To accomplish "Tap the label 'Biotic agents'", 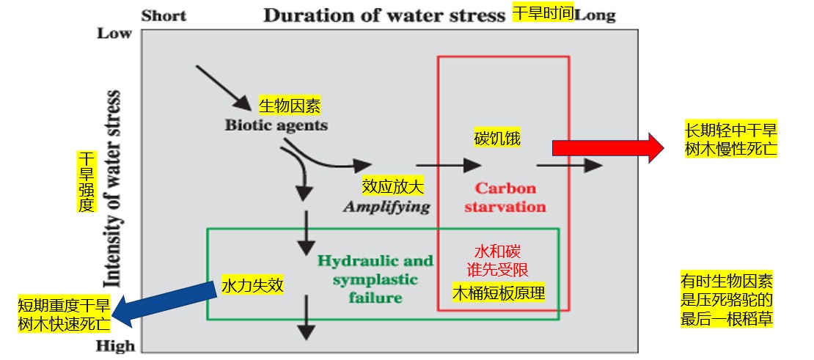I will [276, 125].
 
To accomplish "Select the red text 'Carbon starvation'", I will [505, 197].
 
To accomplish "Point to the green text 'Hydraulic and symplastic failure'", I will [375, 279].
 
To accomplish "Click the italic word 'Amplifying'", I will [386, 206].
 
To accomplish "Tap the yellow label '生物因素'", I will [290, 106].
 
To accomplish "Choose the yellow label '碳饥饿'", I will [497, 138].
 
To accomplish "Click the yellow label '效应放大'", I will [393, 187].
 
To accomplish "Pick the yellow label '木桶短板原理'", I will [499, 293].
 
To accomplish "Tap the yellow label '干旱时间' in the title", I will [542, 14].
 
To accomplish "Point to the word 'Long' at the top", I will [595, 15].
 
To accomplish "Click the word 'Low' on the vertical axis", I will [114, 34].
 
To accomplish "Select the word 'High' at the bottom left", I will [116, 346].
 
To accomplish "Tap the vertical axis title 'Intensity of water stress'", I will [113, 188].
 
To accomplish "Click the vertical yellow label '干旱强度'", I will [87, 183].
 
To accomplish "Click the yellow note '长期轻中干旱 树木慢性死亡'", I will [730, 139].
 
